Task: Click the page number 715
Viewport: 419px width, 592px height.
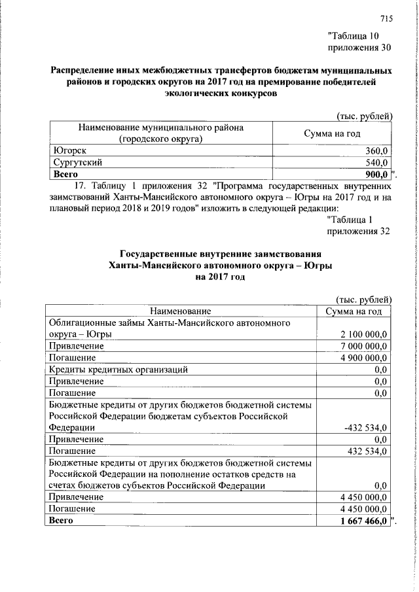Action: [x=385, y=18]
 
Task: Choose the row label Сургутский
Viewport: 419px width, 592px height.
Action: [x=77, y=162]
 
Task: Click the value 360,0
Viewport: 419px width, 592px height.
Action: [x=376, y=151]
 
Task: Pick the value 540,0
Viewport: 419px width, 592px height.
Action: [x=376, y=162]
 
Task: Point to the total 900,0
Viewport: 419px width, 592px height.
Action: [x=376, y=173]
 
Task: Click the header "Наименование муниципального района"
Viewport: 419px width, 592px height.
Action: [x=161, y=128]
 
